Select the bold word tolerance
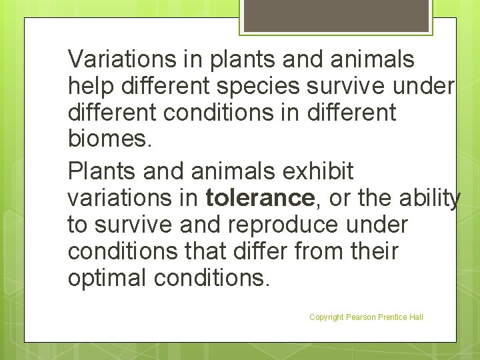coord(259,198)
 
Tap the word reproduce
coord(283,225)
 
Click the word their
coord(377,251)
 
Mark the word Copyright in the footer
coord(327,317)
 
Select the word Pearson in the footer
coord(361,317)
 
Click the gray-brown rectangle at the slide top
coord(336,15)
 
